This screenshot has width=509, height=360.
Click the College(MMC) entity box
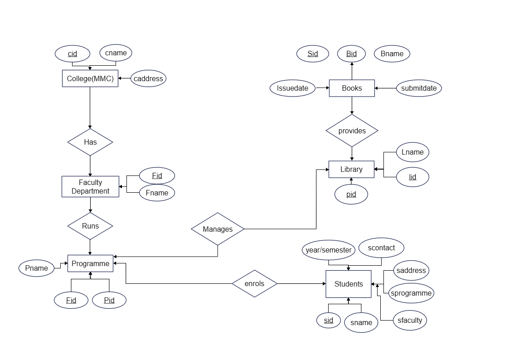[x=90, y=78]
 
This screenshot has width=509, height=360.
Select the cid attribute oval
[x=73, y=54]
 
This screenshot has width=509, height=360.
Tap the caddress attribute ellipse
[x=148, y=78]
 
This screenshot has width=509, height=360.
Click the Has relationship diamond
[x=90, y=142]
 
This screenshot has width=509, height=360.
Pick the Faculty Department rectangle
[x=90, y=187]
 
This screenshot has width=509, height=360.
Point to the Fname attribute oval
[x=157, y=193]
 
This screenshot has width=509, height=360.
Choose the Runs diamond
[x=90, y=226]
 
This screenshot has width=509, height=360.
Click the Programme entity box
[x=90, y=263]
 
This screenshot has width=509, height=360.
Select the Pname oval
[x=36, y=268]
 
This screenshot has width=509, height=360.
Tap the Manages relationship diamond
[x=218, y=229]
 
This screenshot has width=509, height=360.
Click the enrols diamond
[x=254, y=283]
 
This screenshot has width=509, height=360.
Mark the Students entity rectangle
[x=349, y=284]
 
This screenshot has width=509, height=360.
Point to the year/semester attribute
[x=329, y=250]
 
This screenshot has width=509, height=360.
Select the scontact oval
[x=381, y=248]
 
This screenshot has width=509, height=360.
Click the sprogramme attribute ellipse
[x=411, y=293]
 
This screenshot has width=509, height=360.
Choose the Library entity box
[x=351, y=169]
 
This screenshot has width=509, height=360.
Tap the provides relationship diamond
[x=352, y=131]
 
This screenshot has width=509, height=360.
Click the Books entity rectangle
[x=352, y=88]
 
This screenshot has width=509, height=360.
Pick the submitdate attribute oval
[x=419, y=88]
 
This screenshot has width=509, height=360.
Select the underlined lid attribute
[x=412, y=177]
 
